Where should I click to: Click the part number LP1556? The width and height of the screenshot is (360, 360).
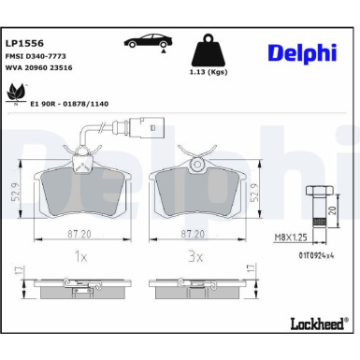(x=22, y=42)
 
